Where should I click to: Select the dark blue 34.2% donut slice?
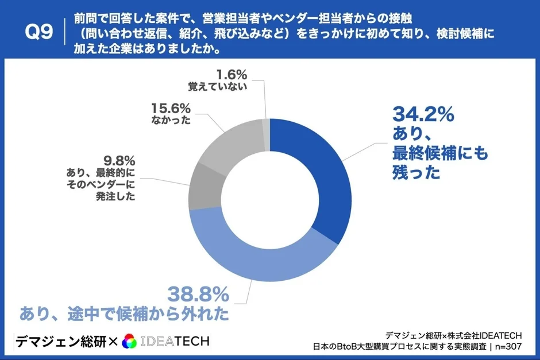click(x=322, y=172)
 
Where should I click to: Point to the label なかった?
click(x=172, y=121)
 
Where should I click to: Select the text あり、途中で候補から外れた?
click(x=125, y=314)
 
